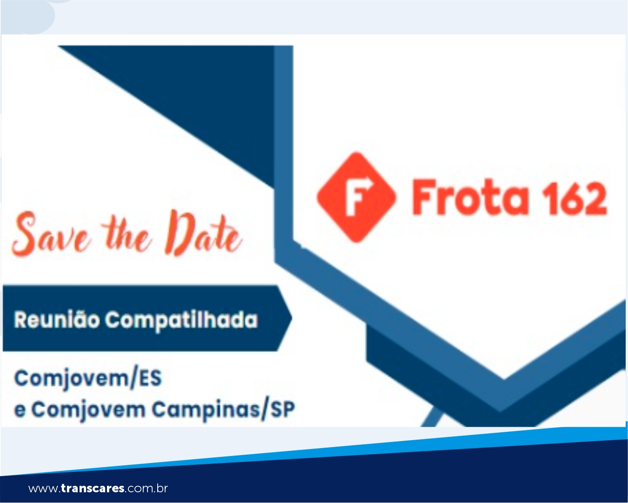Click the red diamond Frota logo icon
[357, 197]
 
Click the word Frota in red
[470, 197]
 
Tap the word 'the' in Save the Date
[127, 236]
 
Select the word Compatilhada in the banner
[181, 321]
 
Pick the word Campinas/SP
[223, 410]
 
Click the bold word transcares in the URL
[93, 488]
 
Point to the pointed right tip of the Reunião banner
[291, 318]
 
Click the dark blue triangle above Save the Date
[204, 96]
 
